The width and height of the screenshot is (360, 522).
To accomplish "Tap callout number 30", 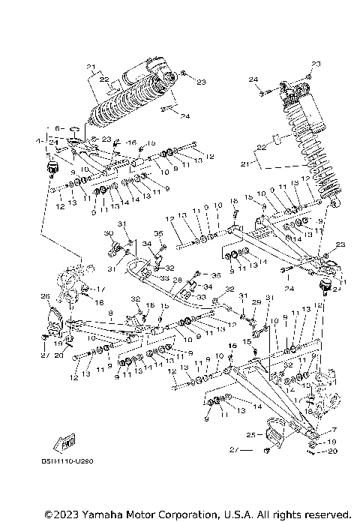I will pyautogui.click(x=108, y=234).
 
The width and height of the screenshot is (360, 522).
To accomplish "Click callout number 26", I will pyautogui.click(x=44, y=295).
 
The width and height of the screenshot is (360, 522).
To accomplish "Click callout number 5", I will pyautogui.click(x=47, y=154).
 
